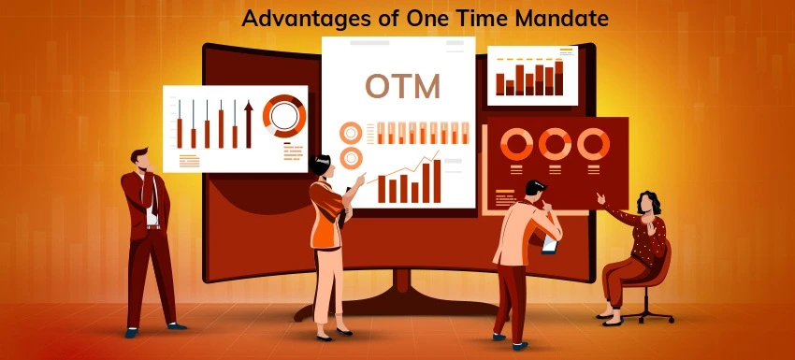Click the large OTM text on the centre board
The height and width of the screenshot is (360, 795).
click(x=401, y=86)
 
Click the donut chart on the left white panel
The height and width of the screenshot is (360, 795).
click(x=283, y=116)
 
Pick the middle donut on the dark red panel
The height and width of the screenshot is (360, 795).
click(x=554, y=144)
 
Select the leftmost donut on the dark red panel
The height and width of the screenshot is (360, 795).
click(x=515, y=144)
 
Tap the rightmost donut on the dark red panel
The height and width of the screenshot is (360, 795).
click(x=592, y=144)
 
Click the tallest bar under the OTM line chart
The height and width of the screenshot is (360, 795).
click(x=436, y=180)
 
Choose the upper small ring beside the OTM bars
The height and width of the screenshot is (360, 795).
click(x=352, y=133)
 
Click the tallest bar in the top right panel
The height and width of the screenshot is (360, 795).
click(x=559, y=77)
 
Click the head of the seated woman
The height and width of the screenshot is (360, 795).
click(x=647, y=203)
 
